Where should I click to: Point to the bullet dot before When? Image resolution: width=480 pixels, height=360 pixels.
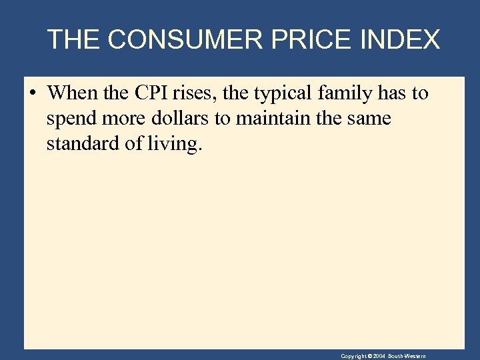click(32, 93)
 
